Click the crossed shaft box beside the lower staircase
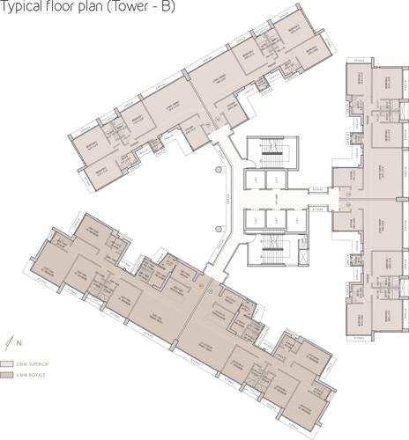302,255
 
